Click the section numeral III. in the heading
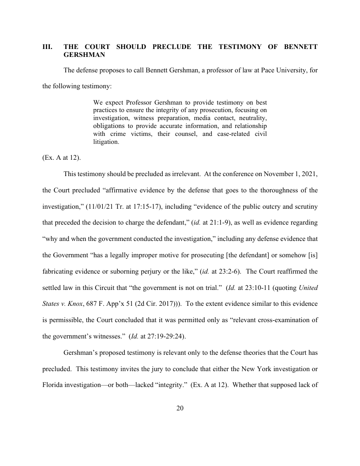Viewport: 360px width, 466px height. coord(47,47)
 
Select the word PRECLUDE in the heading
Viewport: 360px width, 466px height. coord(171,47)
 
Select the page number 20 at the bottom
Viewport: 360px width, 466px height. coord(180,408)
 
